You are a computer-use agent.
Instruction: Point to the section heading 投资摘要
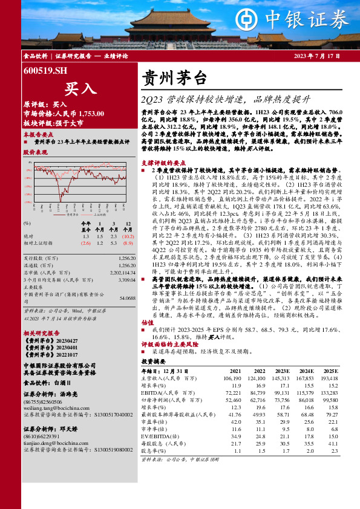click(152, 360)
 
